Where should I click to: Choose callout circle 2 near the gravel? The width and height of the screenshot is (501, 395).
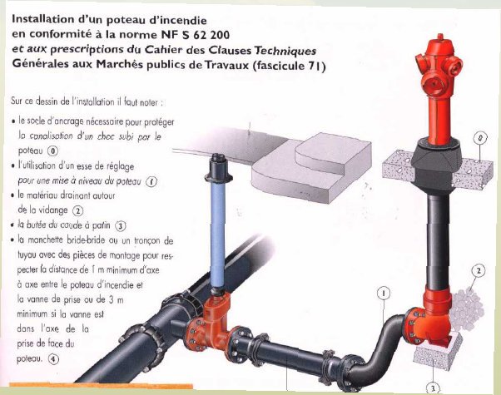(x=479, y=270)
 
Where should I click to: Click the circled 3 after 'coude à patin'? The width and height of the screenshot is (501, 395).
(x=121, y=225)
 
